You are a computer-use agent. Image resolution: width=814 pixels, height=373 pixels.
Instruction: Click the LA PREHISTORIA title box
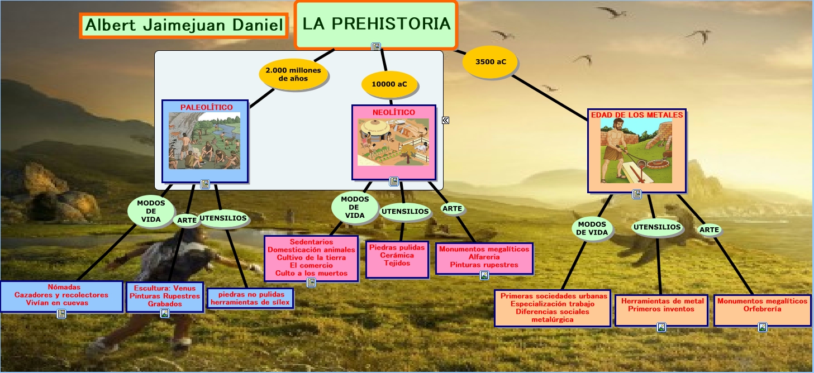click(x=376, y=25)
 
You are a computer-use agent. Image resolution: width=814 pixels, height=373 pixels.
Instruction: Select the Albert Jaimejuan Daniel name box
click(x=184, y=26)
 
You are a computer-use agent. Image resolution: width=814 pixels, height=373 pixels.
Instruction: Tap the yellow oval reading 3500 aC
click(x=491, y=62)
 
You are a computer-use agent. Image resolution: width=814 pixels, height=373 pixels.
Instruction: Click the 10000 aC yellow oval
click(x=389, y=84)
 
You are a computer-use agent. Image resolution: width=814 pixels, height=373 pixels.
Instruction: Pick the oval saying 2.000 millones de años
click(x=293, y=74)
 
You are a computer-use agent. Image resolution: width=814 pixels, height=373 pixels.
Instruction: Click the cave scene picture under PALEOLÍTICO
click(x=204, y=141)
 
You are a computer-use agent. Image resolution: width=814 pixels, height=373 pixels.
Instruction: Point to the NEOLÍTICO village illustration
click(x=393, y=142)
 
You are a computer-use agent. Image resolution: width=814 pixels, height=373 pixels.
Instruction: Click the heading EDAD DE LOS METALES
click(x=637, y=115)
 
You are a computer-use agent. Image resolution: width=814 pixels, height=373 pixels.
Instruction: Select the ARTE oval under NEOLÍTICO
click(x=452, y=208)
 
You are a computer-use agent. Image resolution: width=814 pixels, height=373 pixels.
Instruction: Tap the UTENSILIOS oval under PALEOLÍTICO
click(x=223, y=218)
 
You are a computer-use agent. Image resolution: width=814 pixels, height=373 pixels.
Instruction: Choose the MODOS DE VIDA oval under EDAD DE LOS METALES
click(x=592, y=228)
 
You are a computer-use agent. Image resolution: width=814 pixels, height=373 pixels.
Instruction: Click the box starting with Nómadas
click(x=62, y=297)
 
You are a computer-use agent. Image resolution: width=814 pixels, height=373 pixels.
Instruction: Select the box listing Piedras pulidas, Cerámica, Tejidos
click(x=397, y=259)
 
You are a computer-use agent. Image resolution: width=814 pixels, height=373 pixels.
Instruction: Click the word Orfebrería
click(x=762, y=309)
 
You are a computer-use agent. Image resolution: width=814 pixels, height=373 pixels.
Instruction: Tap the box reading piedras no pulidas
click(x=250, y=298)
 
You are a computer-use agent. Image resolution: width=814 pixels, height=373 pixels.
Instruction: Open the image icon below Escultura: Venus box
click(x=165, y=313)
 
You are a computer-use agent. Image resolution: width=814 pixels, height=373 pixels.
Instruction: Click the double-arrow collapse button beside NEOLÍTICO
click(x=445, y=120)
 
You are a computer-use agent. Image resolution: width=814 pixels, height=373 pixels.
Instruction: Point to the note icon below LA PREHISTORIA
click(x=376, y=47)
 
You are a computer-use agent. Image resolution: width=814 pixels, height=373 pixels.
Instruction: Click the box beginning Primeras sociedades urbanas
click(x=553, y=308)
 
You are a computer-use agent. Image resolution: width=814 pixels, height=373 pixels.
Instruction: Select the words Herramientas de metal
click(x=662, y=301)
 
